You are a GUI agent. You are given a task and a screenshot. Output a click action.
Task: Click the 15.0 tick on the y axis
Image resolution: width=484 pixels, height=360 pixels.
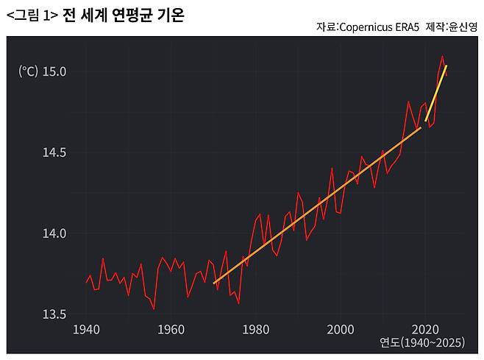54,71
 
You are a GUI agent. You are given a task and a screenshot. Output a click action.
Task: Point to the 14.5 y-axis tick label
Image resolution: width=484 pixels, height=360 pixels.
54,152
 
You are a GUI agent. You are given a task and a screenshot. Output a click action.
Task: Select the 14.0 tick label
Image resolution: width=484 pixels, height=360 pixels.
54,233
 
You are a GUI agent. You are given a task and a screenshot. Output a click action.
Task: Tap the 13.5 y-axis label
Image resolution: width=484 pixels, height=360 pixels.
54,314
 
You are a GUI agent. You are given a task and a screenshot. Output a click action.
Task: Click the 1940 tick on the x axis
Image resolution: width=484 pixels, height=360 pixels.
87,328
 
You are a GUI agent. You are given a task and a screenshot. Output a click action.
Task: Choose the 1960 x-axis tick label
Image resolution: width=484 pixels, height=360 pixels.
171,328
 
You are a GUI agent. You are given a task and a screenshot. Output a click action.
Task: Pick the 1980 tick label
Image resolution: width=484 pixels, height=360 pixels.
256,328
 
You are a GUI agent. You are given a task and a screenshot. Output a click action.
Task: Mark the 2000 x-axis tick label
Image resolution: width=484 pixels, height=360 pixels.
341,328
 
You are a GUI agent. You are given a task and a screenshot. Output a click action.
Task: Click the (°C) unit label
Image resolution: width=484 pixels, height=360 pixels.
28,71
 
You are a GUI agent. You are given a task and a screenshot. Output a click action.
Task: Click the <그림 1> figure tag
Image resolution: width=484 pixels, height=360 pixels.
32,14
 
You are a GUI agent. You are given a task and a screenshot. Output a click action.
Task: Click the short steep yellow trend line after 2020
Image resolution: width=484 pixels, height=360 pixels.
436,93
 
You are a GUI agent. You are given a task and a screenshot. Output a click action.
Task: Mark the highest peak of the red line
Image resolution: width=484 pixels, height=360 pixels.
442,56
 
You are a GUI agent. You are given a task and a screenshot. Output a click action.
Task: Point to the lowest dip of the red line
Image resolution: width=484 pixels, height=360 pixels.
154,309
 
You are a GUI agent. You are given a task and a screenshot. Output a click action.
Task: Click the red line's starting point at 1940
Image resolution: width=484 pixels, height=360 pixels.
87,283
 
